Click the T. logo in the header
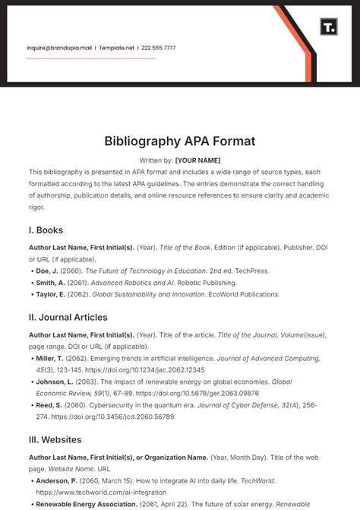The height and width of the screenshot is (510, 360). tap(328, 27)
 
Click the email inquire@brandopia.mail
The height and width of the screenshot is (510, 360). tap(59, 47)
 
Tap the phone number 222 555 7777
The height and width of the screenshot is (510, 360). tap(158, 47)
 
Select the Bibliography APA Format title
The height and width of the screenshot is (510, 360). tap(180, 141)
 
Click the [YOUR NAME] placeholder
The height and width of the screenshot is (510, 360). tap(197, 160)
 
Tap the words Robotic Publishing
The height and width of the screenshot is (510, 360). tap(216, 282)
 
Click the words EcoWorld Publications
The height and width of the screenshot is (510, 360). tap(251, 294)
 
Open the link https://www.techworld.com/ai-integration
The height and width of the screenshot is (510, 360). tap(92, 492)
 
